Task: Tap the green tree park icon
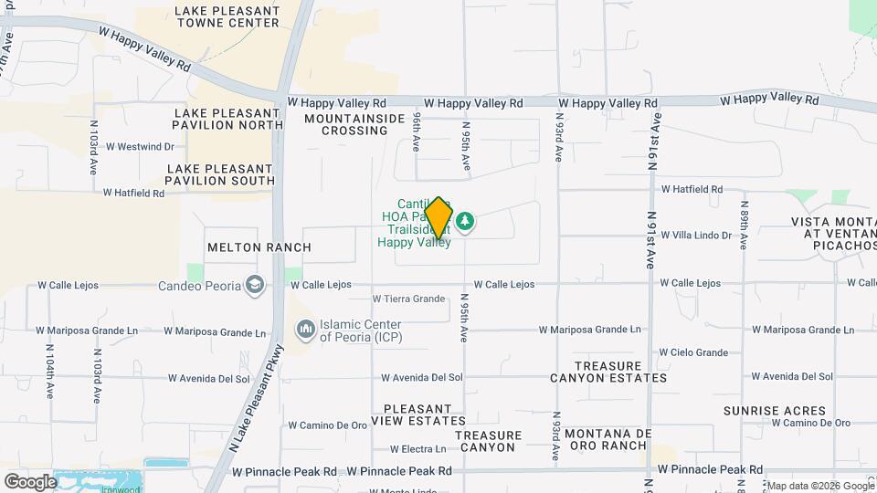coord(466,221)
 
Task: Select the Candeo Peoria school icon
coord(255,286)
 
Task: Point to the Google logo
coord(29,481)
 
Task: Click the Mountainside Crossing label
coord(354,124)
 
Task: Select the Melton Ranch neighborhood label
coord(259,247)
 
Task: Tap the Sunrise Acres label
coord(775,411)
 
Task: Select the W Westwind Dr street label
coord(140,146)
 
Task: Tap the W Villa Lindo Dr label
coord(696,235)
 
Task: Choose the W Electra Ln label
coord(417,449)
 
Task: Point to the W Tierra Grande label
coord(408,299)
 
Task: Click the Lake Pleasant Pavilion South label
coord(220,174)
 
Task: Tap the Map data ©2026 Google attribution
coord(819,485)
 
